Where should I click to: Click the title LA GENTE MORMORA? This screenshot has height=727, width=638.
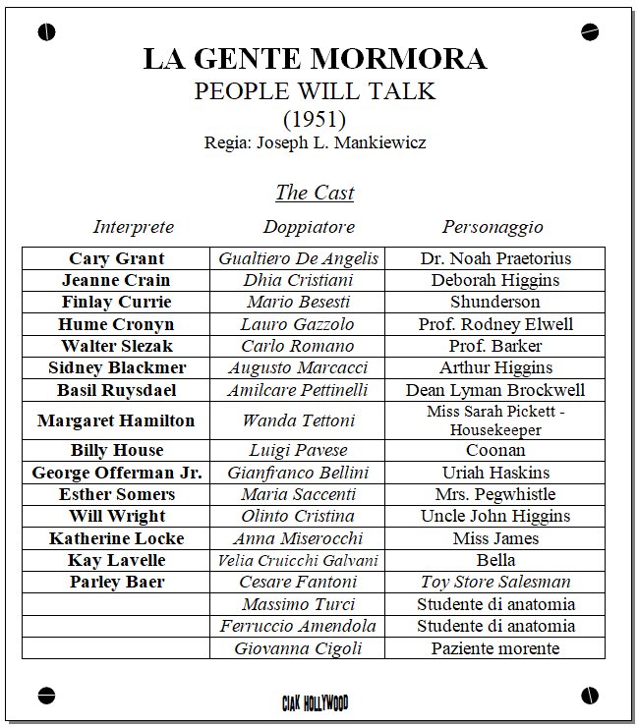point(315,59)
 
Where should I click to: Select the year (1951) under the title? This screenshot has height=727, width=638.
point(315,120)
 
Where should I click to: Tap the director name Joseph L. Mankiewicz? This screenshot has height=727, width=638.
point(341,142)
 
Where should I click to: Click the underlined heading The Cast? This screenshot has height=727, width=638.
point(315,193)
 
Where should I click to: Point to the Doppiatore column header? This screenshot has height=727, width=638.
point(309,227)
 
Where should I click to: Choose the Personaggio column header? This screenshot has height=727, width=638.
point(493,227)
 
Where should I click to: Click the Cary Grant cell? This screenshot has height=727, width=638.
point(116,258)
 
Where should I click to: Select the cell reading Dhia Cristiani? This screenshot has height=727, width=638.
point(298,280)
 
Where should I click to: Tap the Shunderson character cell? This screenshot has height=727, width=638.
point(495,302)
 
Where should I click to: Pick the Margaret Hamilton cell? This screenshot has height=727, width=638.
point(116,420)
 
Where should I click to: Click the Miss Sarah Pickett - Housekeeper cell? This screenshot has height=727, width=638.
point(495,420)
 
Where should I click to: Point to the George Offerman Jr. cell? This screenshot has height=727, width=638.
point(116,473)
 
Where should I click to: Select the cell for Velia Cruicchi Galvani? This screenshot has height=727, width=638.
point(298,560)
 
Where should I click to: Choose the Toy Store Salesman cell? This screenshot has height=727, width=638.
point(495,582)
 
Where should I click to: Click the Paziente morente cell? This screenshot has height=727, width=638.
point(495,648)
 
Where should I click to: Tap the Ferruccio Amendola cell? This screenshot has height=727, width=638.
point(298,626)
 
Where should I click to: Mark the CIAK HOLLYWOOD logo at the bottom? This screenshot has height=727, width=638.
point(315,701)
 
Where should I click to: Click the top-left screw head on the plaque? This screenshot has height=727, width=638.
point(46,32)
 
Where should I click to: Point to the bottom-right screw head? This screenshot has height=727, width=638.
point(590,694)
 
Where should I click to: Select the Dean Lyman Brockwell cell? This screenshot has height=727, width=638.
point(495,390)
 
